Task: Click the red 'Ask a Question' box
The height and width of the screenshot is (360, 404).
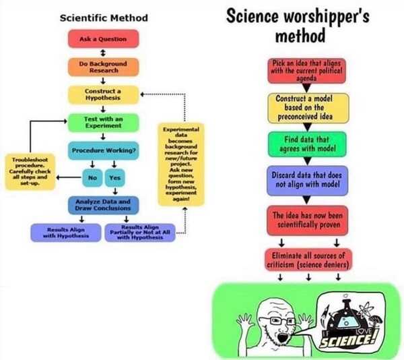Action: [103, 39]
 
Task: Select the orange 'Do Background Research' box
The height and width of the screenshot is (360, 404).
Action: [103, 66]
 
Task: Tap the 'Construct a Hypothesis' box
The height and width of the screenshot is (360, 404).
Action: [103, 94]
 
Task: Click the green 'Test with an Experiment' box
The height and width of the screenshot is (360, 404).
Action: [103, 122]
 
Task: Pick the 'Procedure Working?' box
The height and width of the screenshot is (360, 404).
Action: [103, 150]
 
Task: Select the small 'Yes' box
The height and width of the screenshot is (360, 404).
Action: [114, 178]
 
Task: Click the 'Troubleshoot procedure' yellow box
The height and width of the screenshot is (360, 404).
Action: [28, 172]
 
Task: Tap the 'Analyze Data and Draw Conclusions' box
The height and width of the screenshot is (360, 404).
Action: [103, 204]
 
